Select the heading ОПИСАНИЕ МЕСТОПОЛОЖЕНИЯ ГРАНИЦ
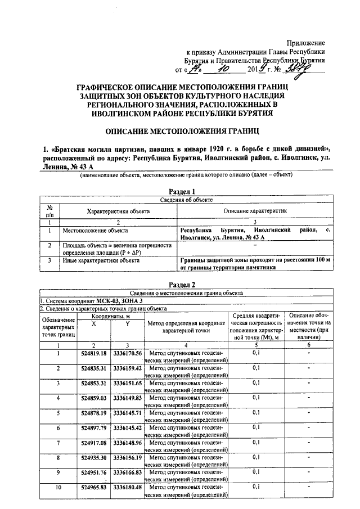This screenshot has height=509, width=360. pyautogui.click(x=179, y=131)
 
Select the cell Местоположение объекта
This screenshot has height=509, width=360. pyautogui.click(x=95, y=231)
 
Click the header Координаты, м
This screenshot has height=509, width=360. pyautogui.click(x=110, y=317)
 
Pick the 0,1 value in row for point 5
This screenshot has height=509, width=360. pyautogui.click(x=256, y=412)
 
